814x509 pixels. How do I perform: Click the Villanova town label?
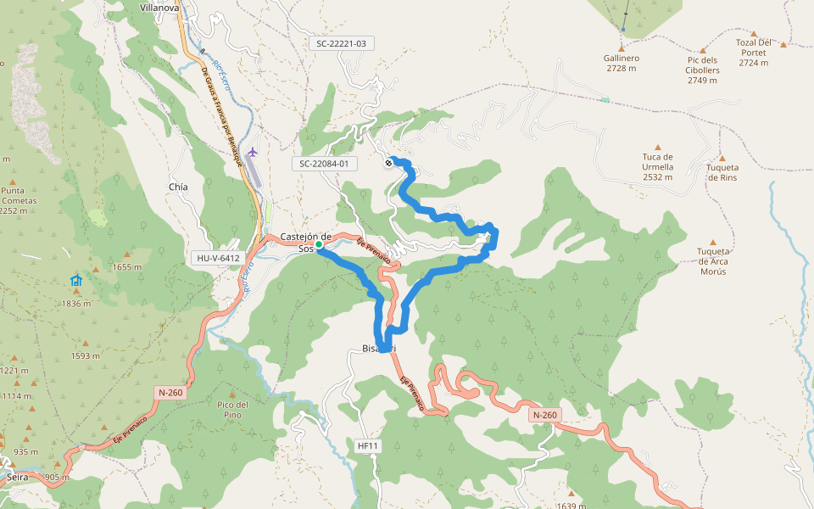point(159,7)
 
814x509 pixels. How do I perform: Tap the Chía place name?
point(178,187)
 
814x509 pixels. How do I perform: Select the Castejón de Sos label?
point(305,242)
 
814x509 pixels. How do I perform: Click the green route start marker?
point(319,244)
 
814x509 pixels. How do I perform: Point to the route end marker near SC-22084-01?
point(388,163)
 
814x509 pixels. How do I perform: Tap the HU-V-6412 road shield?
point(218,258)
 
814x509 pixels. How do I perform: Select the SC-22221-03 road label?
point(341,42)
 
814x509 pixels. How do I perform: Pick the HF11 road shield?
point(366,445)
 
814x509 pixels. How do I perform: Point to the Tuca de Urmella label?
point(657,166)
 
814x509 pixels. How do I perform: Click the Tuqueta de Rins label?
point(722,172)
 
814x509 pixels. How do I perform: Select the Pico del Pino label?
point(232,409)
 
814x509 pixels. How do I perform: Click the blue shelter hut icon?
point(76,281)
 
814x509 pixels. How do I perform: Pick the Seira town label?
point(17,478)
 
